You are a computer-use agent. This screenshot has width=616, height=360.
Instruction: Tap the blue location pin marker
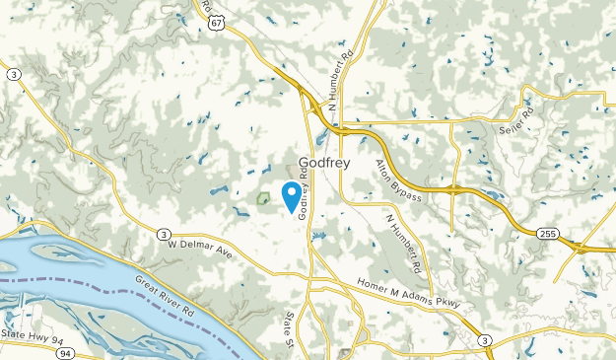[x=292, y=194]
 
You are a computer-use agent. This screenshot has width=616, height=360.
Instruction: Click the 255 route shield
[x=549, y=233]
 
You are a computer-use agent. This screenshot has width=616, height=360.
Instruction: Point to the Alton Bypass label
[x=398, y=180]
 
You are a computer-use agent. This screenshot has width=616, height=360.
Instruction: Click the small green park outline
[x=262, y=197]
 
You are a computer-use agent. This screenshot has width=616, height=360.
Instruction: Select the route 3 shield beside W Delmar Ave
[x=162, y=234]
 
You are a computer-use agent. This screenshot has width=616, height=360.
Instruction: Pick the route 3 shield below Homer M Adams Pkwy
[x=484, y=339]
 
